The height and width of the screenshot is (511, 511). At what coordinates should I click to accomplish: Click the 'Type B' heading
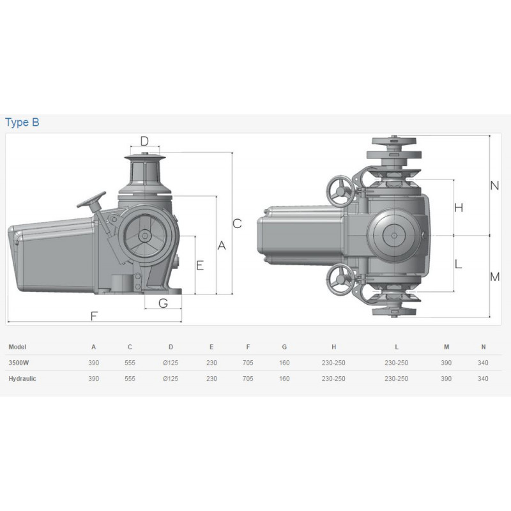(22, 122)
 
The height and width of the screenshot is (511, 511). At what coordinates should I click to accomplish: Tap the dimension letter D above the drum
(144, 141)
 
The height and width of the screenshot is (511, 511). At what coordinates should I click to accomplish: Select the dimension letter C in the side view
(237, 224)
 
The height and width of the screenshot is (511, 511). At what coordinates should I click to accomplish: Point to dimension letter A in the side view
(222, 245)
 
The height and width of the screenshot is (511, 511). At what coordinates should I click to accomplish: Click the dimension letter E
(200, 265)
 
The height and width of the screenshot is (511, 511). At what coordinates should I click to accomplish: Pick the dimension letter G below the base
(164, 303)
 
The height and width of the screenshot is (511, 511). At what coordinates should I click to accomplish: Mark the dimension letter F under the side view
(94, 316)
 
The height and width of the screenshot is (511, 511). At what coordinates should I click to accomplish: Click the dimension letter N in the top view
(494, 186)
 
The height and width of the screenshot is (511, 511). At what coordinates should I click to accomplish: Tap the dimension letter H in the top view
(459, 208)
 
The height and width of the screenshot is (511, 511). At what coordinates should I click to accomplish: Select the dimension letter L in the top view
(458, 264)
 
